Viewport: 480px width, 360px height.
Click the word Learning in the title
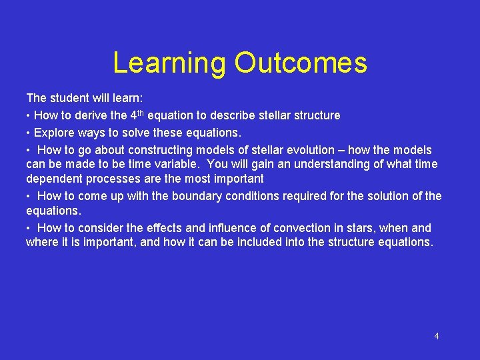170,63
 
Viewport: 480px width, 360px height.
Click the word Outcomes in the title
300,63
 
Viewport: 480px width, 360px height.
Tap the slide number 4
437,336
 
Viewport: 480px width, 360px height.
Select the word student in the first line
67,99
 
